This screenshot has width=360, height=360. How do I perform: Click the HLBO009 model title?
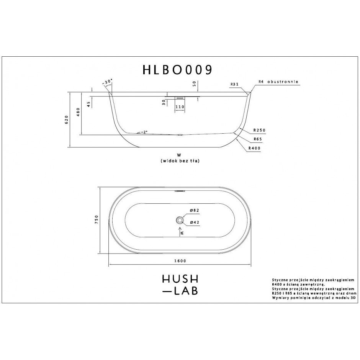[177, 70]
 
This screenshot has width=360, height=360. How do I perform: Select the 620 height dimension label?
[67, 119]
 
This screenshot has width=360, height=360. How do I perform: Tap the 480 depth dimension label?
[78, 112]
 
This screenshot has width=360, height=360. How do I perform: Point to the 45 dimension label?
[88, 105]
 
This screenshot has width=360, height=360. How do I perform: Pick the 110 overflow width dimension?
[180, 107]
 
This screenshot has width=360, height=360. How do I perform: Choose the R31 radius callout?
[234, 84]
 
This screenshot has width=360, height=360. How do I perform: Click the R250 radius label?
[259, 130]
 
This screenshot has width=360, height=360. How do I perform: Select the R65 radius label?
[258, 139]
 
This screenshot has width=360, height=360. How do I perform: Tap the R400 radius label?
[254, 148]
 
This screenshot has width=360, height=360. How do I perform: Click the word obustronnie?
[283, 82]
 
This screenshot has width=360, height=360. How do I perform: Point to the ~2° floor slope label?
[144, 132]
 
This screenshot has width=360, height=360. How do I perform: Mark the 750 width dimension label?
[96, 220]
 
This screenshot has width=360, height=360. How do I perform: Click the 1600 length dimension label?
[180, 261]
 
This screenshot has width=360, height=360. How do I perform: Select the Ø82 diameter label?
[195, 210]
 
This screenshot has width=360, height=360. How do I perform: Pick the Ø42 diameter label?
[195, 222]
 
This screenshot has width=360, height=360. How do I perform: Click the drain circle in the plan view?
[180, 220]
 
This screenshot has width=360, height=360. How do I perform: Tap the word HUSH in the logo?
[180, 279]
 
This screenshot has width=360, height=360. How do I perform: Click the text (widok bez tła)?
[180, 161]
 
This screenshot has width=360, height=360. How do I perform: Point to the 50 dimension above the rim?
[195, 84]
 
